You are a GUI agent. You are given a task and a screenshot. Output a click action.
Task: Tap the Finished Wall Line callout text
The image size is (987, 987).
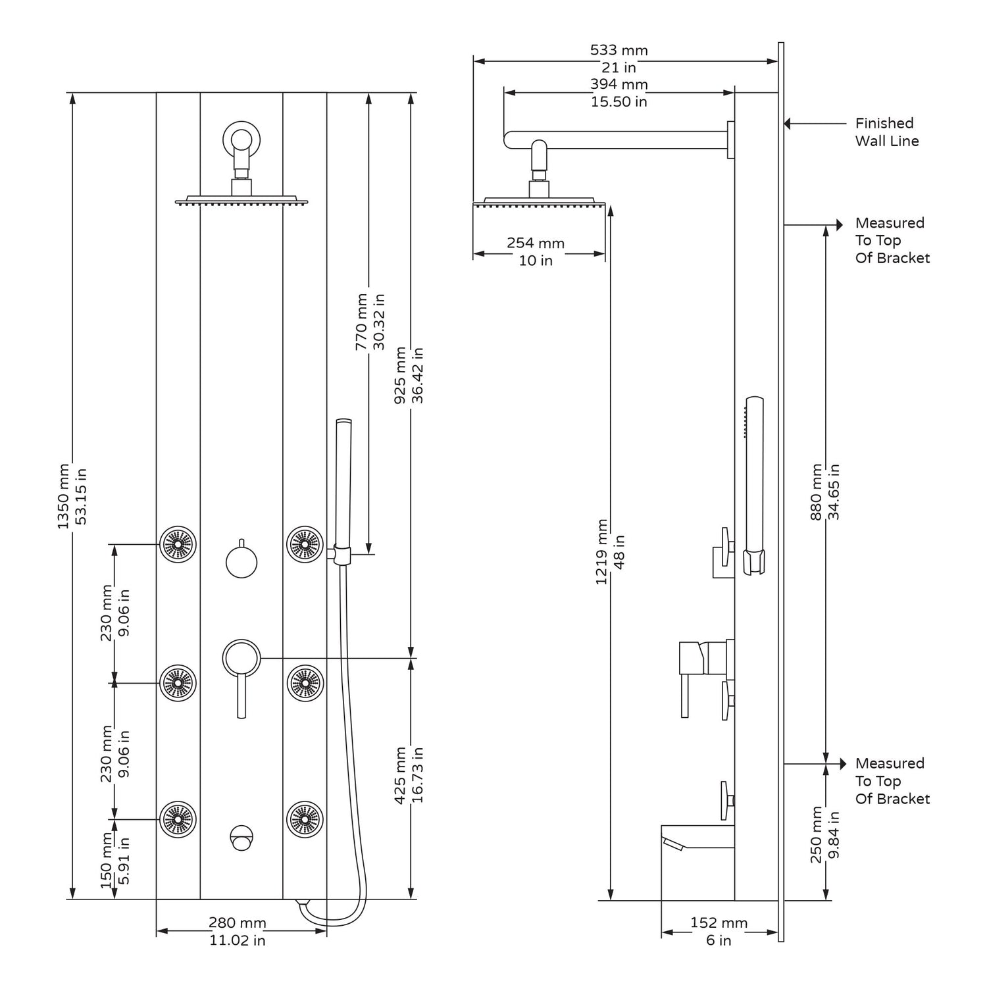point(886,132)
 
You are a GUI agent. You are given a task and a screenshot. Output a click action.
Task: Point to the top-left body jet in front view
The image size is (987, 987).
point(178,545)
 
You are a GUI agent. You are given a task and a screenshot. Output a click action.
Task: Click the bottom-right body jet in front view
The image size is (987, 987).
point(305,819)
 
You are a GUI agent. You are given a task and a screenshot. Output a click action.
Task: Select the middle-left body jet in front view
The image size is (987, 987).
point(178,683)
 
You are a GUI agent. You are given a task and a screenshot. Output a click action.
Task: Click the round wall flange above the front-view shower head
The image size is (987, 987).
point(241,139)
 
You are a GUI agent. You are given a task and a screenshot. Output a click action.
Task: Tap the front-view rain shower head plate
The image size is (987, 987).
point(241,200)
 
